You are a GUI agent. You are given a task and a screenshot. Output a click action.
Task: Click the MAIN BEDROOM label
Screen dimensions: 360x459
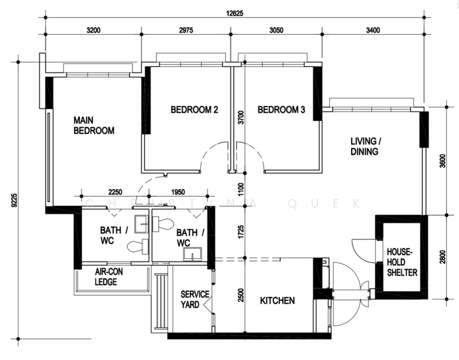pos(94,125)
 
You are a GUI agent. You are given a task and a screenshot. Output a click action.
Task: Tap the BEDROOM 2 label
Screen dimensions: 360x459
pos(194,110)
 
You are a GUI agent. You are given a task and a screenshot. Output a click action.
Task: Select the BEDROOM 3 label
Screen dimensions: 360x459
pos(281,110)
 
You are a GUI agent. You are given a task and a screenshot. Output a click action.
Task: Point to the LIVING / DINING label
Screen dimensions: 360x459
pos(365,146)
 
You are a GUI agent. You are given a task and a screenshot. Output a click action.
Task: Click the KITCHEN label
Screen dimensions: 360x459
pos(277,300)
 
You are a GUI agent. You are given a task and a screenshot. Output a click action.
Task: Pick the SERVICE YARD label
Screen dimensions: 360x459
pos(195,299)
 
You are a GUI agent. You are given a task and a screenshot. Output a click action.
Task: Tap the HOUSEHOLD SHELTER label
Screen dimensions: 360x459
pos(402,262)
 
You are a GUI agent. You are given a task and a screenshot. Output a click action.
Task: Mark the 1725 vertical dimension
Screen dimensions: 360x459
pos(241,232)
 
